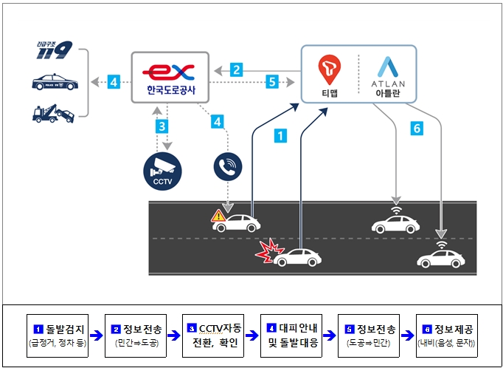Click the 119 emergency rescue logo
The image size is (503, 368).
click(x=54, y=51)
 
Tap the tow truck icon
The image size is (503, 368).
click(x=54, y=112)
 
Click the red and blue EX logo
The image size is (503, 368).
click(x=168, y=72)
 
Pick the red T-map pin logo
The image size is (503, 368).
click(x=330, y=69)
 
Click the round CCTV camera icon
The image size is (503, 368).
click(x=162, y=169)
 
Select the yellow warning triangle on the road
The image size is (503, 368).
click(x=218, y=216)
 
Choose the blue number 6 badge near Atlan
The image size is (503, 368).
click(x=417, y=129)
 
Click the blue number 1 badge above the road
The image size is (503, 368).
click(x=280, y=135)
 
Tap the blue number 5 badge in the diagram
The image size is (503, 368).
click(x=271, y=82)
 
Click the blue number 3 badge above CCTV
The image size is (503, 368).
click(x=162, y=126)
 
